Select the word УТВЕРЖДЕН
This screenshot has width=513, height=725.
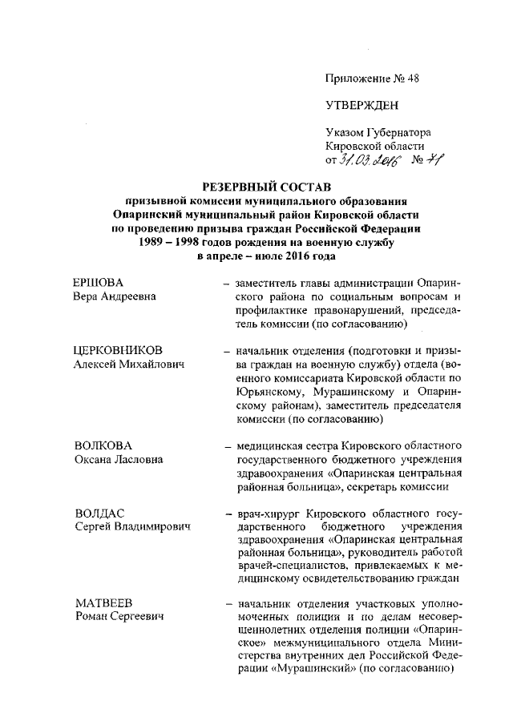tap(362, 106)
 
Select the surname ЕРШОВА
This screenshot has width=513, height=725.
tap(99, 282)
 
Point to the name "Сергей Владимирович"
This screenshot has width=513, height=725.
tap(131, 527)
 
